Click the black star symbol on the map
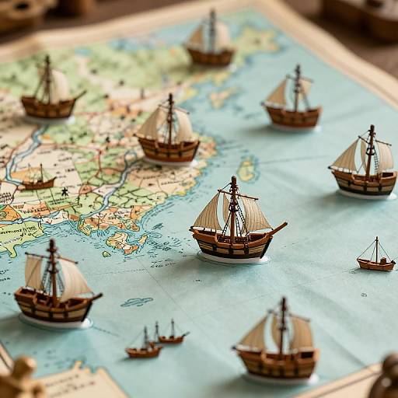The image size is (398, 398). coord(65,190)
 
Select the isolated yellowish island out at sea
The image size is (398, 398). coord(246,169)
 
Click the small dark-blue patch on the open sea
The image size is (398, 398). coord(137,302)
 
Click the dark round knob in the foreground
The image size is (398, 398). coord(386,380)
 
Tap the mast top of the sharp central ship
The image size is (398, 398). coord(233,180)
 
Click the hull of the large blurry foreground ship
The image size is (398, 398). coord(278,362)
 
